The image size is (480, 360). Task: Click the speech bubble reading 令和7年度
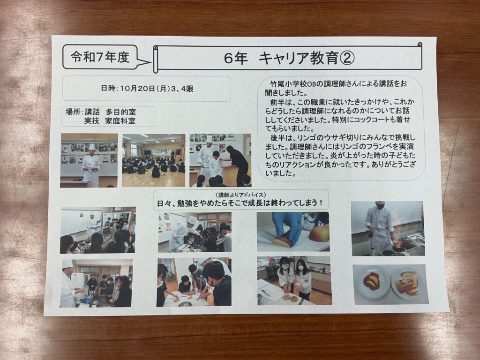pos(101,57)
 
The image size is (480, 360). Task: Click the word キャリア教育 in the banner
pos(299,58)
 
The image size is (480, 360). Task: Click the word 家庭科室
pos(120,121)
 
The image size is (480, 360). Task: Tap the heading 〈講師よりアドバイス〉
pos(240,195)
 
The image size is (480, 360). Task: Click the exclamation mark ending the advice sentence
pos(321,203)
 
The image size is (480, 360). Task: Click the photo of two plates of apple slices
pos(390,284)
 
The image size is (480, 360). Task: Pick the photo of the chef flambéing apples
pos(387,228)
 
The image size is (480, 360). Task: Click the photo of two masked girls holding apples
pos(294,280)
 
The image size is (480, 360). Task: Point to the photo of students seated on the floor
pos(153,160)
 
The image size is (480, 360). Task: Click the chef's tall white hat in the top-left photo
pos(92,147)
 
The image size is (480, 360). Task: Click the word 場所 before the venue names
pos(73,112)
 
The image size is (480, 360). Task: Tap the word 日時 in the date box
pos(108,89)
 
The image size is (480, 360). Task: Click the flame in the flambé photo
pos(398,243)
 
